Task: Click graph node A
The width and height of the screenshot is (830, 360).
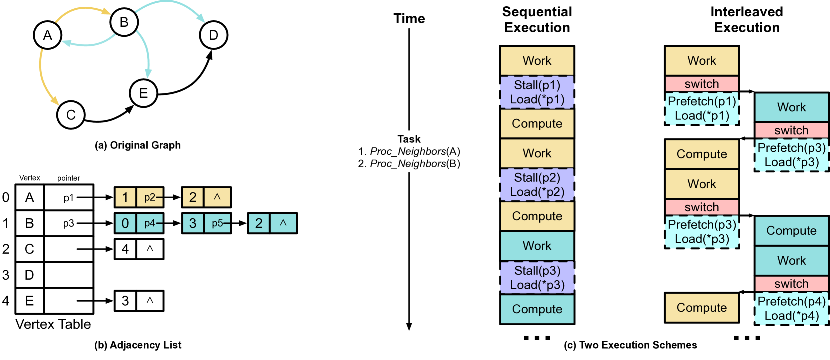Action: (47, 35)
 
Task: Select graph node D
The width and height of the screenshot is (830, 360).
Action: (213, 35)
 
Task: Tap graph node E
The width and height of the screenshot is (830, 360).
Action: (143, 93)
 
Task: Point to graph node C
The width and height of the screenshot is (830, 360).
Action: (71, 115)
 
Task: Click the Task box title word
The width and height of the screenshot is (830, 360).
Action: (409, 139)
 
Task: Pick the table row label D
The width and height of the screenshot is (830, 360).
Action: (29, 275)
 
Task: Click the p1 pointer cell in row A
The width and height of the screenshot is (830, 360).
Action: (68, 198)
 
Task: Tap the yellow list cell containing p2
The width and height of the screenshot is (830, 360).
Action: (149, 197)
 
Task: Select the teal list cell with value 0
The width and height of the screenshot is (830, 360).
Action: (125, 223)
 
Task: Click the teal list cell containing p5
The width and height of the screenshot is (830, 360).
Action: (217, 223)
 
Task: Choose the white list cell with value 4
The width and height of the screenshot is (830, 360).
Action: (125, 249)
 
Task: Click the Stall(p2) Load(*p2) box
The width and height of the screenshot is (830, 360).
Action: (537, 185)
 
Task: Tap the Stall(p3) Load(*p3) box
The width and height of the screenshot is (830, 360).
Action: (537, 277)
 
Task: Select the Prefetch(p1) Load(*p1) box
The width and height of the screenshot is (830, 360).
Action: (702, 108)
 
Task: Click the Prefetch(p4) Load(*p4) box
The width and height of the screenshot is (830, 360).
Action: (791, 308)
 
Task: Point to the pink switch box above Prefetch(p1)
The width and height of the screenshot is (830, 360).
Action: (702, 84)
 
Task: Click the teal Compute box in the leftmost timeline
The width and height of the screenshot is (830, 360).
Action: (537, 309)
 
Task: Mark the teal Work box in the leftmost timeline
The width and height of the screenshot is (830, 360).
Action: (537, 246)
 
